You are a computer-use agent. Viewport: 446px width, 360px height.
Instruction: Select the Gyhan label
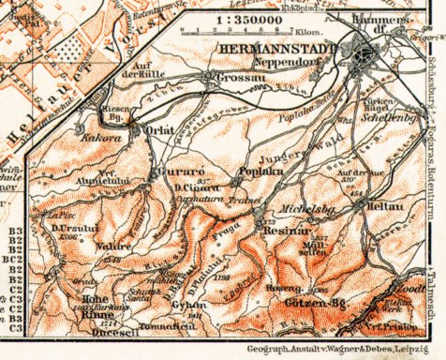point(190,307)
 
